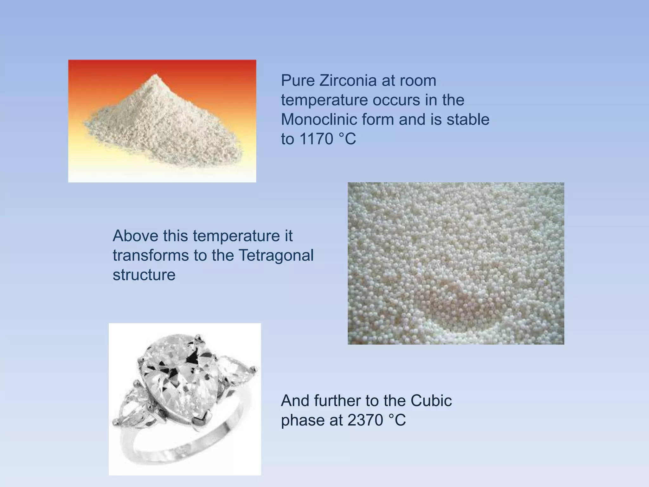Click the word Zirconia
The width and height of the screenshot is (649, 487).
click(x=348, y=81)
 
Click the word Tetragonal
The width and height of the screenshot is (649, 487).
click(x=275, y=255)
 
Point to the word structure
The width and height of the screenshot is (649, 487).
click(x=144, y=275)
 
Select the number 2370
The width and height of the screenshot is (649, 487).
click(x=365, y=420)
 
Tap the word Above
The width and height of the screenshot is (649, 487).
click(x=135, y=236)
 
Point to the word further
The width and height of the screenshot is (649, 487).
click(x=338, y=401)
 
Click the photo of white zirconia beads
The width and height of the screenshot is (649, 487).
click(x=456, y=263)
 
